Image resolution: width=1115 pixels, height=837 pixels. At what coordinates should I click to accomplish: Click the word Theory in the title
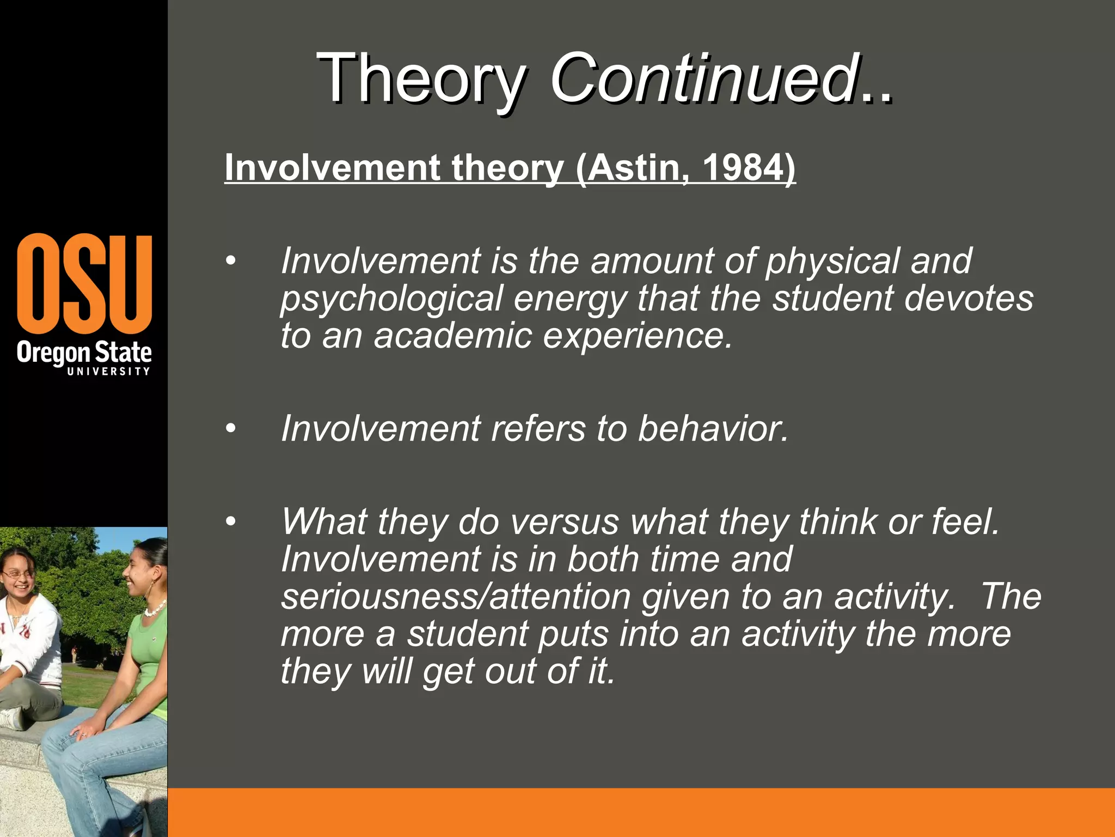pos(421,79)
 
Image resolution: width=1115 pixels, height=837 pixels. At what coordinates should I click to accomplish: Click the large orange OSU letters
pos(84,283)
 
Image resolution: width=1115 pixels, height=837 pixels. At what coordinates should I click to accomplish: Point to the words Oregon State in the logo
pos(84,353)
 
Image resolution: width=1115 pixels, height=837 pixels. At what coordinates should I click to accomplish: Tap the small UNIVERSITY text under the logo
pos(108,372)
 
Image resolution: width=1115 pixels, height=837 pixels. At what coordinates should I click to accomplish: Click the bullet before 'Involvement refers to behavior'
pos(231,429)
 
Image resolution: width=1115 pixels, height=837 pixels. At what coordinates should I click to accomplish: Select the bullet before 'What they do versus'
pos(231,522)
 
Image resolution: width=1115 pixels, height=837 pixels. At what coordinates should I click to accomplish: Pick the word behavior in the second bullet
pos(713,429)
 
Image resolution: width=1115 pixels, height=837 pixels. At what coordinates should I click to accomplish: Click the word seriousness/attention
pos(455,597)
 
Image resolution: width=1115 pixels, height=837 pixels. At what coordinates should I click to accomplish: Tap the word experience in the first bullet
pos(638,336)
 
